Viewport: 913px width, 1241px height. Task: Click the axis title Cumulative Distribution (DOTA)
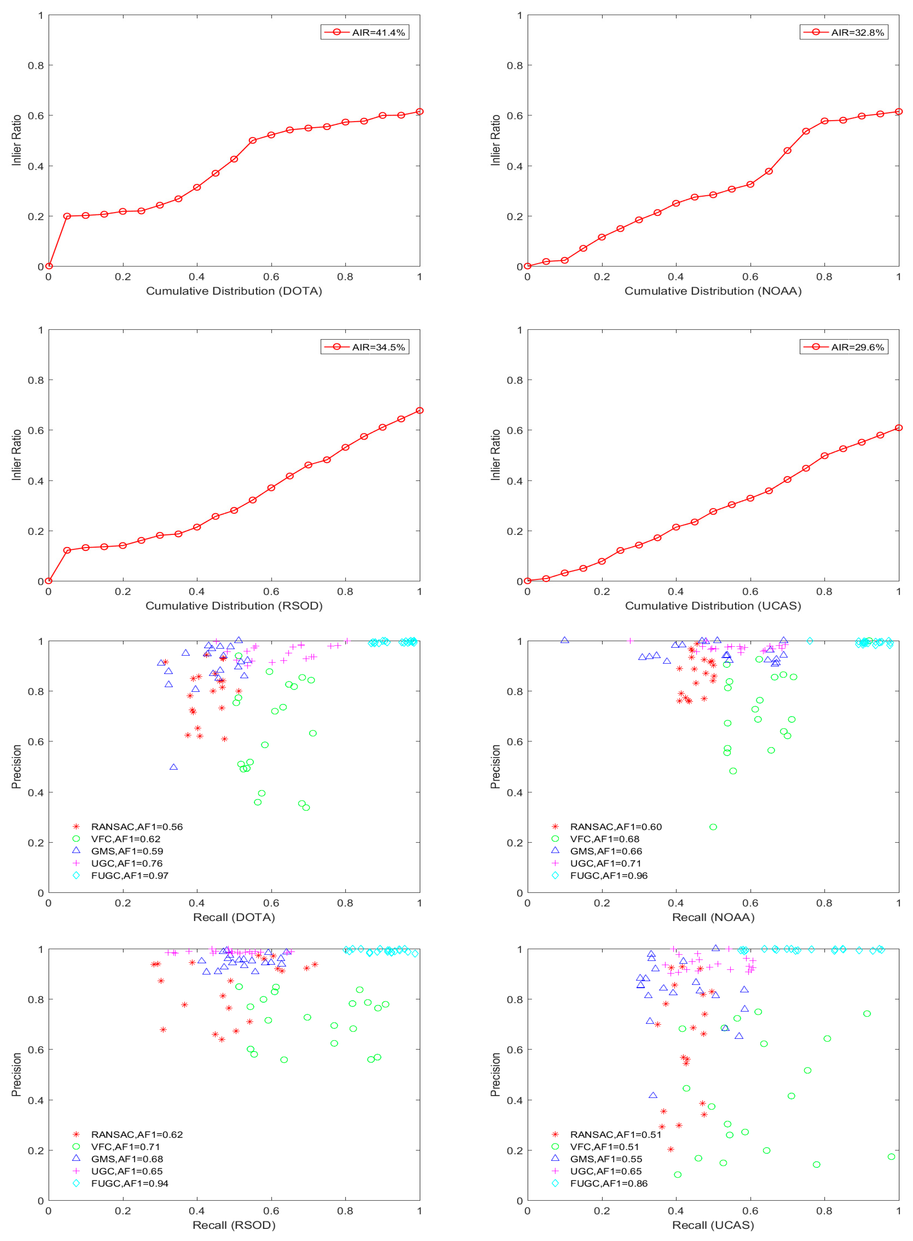point(234,291)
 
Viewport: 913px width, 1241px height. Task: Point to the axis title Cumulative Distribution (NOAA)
point(713,291)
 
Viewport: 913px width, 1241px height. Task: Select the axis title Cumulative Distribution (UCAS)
point(713,606)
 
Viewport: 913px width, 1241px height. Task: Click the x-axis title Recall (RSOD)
point(234,1225)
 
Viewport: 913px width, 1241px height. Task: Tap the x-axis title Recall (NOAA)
point(713,918)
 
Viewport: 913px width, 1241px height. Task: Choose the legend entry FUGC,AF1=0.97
point(129,876)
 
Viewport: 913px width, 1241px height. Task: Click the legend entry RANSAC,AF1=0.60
point(616,827)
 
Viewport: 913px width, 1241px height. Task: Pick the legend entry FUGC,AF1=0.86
point(608,1183)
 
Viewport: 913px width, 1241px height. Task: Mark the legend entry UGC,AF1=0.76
point(127,863)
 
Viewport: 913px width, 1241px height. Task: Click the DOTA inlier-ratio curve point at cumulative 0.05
point(67,216)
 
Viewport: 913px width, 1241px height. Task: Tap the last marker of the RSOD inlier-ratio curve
point(420,410)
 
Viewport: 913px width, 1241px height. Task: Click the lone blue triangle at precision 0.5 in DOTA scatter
point(174,767)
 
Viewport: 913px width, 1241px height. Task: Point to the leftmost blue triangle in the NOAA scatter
point(564,640)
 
